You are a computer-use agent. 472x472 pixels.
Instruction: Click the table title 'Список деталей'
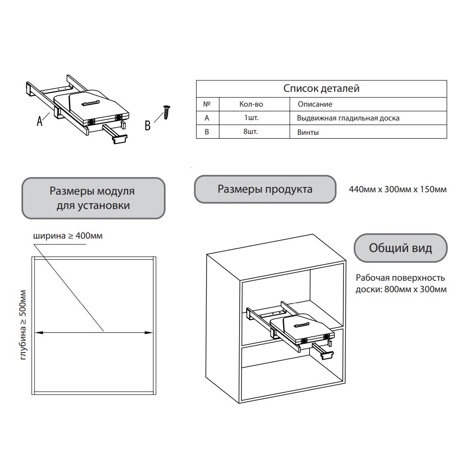(x=321, y=88)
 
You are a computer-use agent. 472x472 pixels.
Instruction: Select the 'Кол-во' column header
(x=251, y=104)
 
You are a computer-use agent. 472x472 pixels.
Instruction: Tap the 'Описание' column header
(x=315, y=104)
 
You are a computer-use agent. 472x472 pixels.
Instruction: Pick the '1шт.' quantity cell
(x=251, y=118)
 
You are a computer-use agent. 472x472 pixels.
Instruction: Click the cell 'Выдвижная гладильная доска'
(x=348, y=118)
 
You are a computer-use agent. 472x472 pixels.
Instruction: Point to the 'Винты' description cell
(x=308, y=132)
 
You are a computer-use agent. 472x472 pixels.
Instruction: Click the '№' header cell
(x=207, y=104)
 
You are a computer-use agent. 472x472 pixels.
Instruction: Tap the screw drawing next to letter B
(x=166, y=112)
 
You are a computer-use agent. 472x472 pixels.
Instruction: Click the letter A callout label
(x=40, y=121)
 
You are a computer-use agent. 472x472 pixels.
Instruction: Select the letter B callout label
(x=148, y=126)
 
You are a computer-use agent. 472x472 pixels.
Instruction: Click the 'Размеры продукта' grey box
(x=265, y=189)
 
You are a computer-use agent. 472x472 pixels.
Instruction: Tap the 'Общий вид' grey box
(x=400, y=248)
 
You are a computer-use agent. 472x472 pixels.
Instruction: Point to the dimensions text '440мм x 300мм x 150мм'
(x=398, y=189)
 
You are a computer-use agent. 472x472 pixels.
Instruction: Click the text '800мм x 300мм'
(x=415, y=289)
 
